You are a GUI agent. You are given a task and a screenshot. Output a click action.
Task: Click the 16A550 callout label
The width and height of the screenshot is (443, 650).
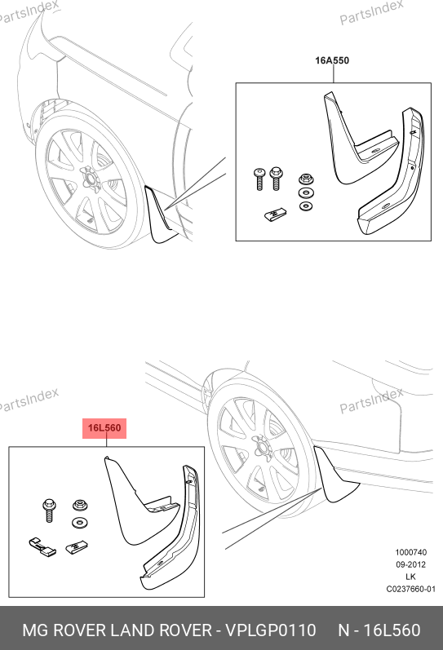click(332, 60)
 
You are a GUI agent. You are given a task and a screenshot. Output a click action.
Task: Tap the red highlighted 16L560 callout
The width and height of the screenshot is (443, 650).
click(104, 428)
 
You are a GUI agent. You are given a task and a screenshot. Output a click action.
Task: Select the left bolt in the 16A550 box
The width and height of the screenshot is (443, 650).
click(259, 179)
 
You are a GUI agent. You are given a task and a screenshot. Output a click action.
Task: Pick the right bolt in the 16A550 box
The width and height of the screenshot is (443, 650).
click(276, 179)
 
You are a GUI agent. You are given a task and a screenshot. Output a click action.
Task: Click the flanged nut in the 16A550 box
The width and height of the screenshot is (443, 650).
click(306, 180)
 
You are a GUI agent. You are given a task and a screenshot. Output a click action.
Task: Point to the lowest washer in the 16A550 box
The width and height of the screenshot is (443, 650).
click(306, 206)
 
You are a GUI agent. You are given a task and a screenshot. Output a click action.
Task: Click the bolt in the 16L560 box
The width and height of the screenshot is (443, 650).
click(48, 511)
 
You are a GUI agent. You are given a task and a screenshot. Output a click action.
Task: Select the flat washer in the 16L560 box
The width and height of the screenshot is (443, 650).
click(79, 523)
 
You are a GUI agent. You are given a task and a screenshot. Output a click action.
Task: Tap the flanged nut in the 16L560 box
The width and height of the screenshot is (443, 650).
click(79, 506)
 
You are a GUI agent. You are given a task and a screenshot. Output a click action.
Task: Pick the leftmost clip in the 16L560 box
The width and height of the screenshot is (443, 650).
click(42, 546)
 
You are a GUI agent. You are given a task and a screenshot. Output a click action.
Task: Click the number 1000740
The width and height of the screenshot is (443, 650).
click(410, 552)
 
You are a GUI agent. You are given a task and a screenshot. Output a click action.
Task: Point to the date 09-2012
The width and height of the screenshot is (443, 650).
click(410, 564)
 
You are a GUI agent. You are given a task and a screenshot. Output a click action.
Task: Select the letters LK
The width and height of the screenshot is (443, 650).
click(410, 577)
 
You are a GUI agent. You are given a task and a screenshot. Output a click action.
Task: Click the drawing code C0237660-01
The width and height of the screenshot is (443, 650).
click(410, 589)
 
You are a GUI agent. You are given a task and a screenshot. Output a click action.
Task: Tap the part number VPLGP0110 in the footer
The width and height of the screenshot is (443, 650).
click(270, 630)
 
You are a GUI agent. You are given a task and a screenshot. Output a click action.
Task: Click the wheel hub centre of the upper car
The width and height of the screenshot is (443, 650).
click(88, 179)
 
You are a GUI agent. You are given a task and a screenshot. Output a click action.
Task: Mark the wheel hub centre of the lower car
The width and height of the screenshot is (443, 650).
click(262, 447)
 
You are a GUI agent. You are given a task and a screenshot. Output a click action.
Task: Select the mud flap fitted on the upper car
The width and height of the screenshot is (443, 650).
click(161, 214)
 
